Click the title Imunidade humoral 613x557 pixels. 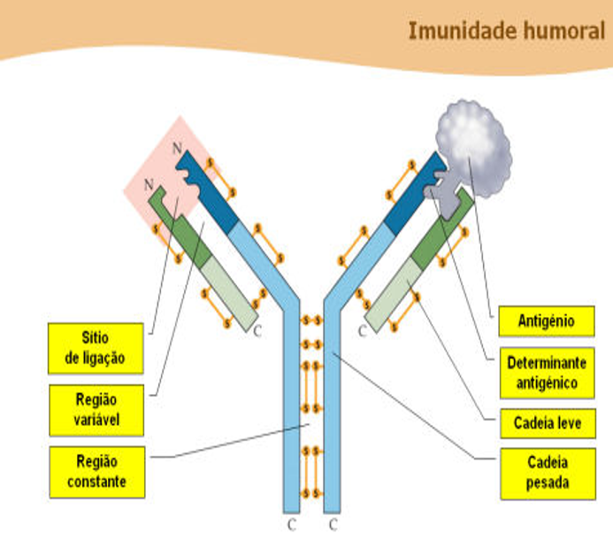pyautogui.click(x=506, y=30)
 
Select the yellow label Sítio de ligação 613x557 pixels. pyautogui.click(x=96, y=348)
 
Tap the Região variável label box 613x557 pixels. pyautogui.click(x=96, y=410)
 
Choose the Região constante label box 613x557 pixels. pyautogui.click(x=96, y=471)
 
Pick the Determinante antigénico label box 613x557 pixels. pyautogui.click(x=546, y=372)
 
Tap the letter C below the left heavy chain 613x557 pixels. pyautogui.click(x=291, y=524)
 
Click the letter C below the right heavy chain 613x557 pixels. pyautogui.click(x=333, y=524)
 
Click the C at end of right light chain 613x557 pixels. pyautogui.click(x=363, y=331)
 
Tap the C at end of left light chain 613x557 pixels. pyautogui.click(x=258, y=331)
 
